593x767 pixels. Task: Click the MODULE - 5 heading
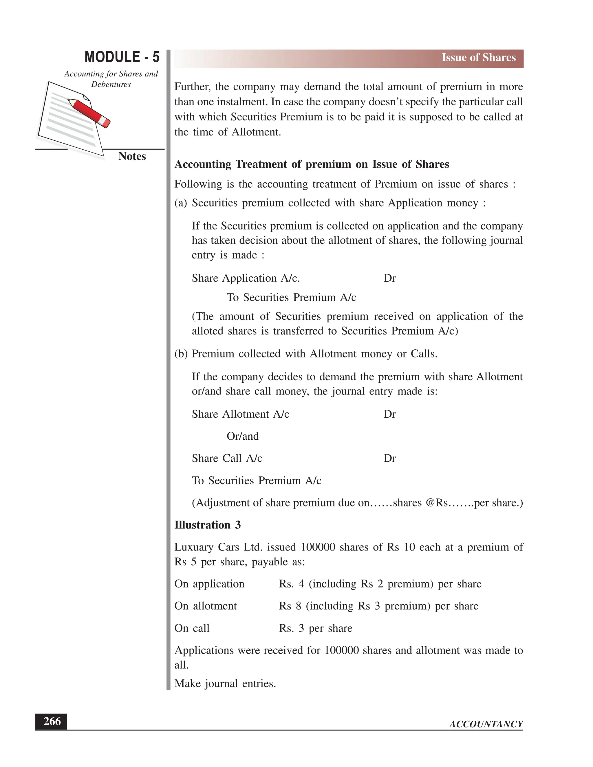point(122,57)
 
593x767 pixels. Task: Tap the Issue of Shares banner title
point(478,58)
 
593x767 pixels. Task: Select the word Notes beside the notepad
point(132,156)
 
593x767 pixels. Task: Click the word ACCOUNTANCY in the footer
point(486,724)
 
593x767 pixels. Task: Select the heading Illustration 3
point(207,525)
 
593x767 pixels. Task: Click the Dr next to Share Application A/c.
point(389,278)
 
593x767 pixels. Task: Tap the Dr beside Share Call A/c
point(389,458)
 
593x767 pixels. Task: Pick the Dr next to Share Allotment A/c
point(389,414)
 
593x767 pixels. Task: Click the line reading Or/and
point(242,436)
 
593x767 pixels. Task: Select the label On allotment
point(206,606)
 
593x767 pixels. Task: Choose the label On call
point(192,628)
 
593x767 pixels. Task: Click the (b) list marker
point(181,354)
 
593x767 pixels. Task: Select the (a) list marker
point(181,203)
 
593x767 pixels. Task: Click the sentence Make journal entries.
point(225,683)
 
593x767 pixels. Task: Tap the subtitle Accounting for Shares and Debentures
point(111,79)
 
